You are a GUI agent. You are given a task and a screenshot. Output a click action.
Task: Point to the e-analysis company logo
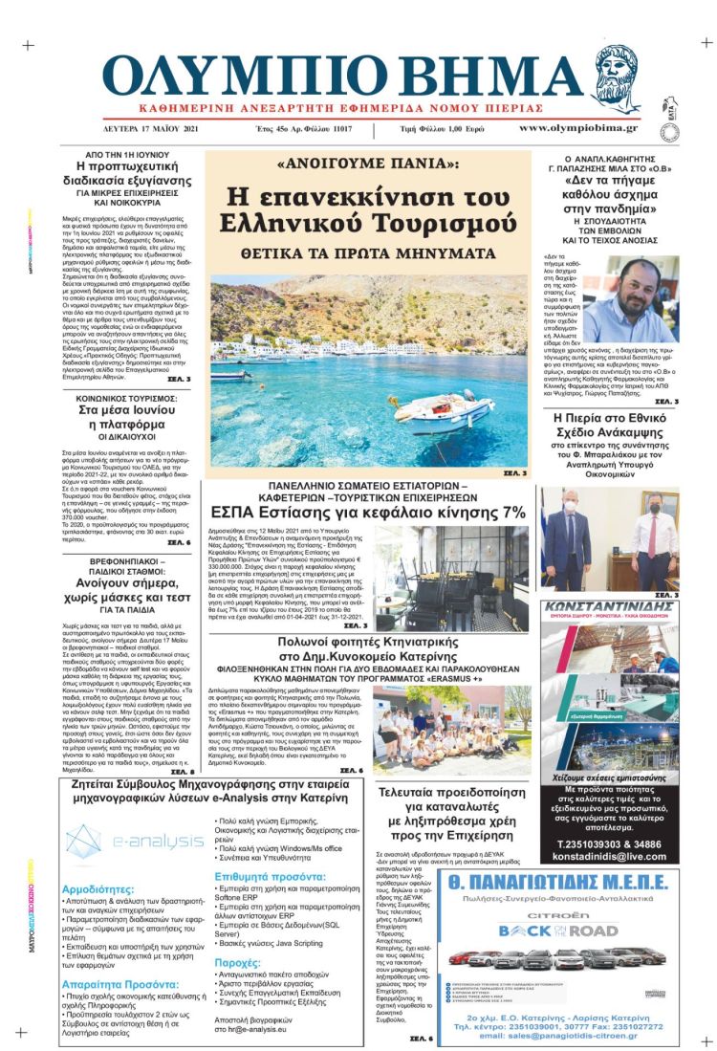coord(134,842)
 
